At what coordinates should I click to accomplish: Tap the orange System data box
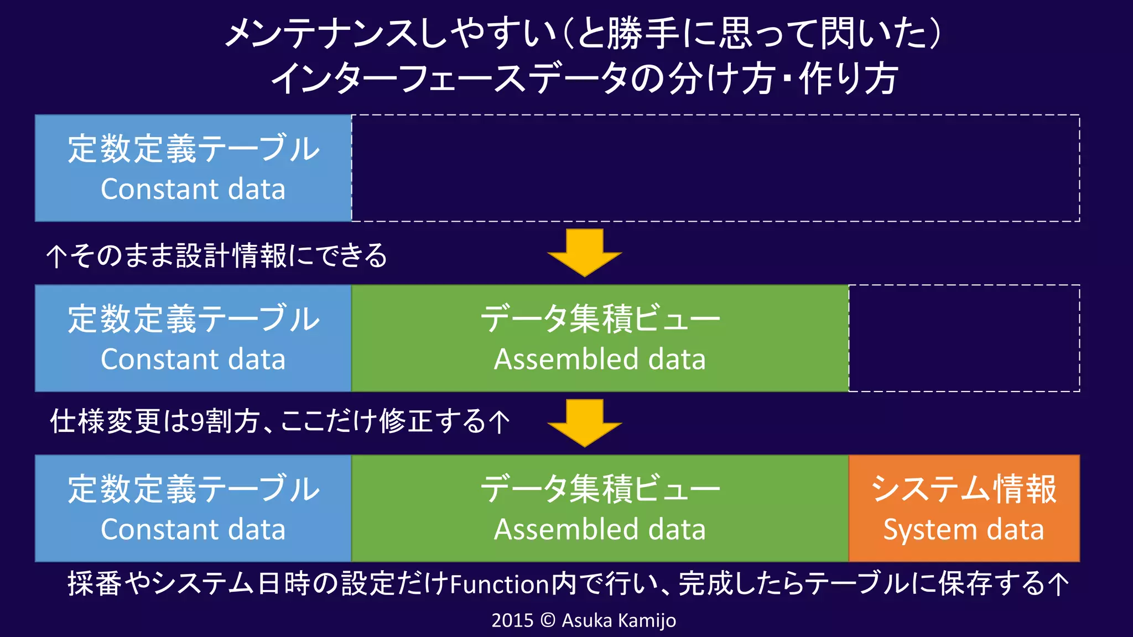[964, 508]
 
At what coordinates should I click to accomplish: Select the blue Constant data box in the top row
[193, 168]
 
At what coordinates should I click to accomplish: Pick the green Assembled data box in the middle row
[600, 338]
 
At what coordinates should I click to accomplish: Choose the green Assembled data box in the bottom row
[600, 508]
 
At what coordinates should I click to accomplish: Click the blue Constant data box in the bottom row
[193, 508]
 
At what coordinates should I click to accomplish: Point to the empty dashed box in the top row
[715, 168]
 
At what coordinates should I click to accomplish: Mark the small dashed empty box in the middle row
[964, 338]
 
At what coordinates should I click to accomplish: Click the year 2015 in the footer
[512, 620]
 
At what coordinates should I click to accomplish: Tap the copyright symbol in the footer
[547, 620]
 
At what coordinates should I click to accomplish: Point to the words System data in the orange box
[964, 529]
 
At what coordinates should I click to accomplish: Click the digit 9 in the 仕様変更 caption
[198, 421]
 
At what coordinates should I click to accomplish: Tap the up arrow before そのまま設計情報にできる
[56, 257]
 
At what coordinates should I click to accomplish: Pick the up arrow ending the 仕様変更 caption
[500, 422]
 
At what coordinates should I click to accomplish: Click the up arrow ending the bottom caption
[1058, 584]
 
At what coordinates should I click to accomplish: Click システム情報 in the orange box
[964, 489]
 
